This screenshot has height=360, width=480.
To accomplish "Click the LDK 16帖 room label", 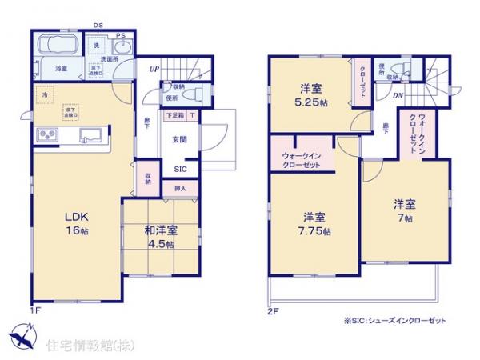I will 58,222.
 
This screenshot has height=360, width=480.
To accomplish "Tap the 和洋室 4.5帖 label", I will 161,238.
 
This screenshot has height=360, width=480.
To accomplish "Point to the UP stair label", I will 153,69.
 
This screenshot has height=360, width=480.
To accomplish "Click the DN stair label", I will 398,97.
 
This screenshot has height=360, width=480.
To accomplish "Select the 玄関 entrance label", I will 179,138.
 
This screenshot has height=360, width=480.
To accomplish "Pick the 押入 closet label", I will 180,189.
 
